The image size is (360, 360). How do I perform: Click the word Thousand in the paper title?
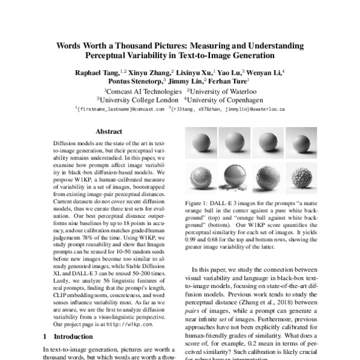point(161,45)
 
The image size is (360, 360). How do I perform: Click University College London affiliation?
point(138,100)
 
